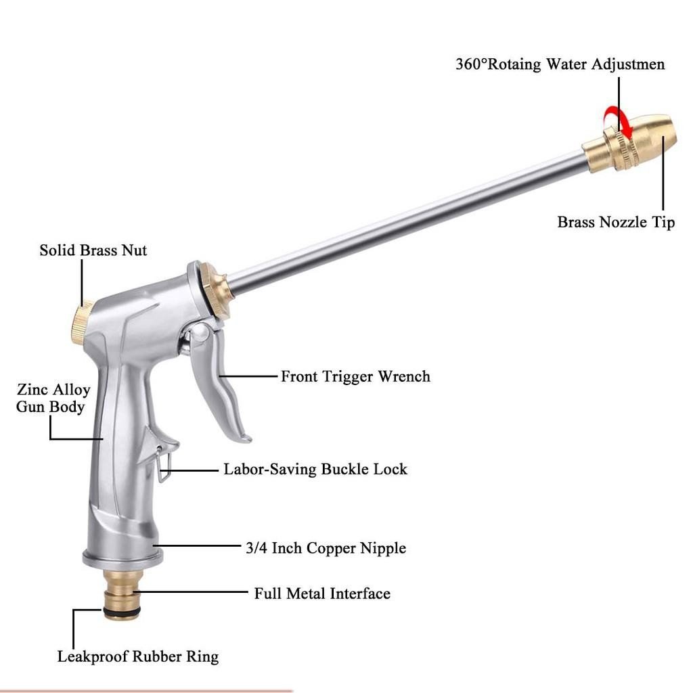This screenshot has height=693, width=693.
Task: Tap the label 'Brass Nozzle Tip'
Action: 616,222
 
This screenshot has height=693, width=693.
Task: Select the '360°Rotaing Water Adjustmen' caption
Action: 560,64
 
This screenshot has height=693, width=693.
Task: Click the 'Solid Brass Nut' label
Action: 93,250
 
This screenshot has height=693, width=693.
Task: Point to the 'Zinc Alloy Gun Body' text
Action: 53,398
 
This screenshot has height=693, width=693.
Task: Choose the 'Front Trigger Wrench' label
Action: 355,376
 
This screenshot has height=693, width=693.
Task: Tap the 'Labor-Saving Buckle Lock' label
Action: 315,469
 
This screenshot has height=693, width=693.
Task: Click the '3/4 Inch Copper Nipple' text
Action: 326,548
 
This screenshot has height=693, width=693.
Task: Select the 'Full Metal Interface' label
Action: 322,593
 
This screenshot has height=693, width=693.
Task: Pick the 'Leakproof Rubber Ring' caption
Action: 138,656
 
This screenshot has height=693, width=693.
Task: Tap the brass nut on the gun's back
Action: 82,322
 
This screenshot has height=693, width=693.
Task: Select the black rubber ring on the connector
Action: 122,611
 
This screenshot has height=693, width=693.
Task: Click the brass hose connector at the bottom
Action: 122,595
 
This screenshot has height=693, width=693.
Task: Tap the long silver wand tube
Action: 407,222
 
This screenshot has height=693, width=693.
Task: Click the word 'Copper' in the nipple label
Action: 332,548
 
